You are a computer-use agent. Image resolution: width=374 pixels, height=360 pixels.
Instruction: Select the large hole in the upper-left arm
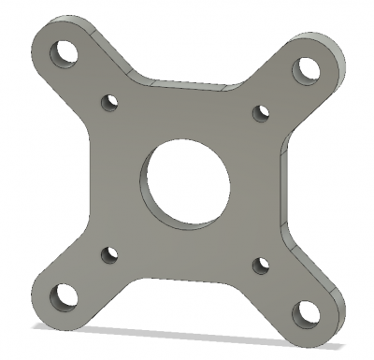66,51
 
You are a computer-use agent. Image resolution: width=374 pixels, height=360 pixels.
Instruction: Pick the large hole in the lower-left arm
64,298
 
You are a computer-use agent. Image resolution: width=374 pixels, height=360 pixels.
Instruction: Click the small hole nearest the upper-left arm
109,100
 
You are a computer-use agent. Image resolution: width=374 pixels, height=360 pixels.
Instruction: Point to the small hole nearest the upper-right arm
262,114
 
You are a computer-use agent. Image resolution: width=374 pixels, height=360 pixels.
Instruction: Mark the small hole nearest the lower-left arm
108,252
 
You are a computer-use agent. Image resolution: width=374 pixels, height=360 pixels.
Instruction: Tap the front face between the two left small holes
108,178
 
